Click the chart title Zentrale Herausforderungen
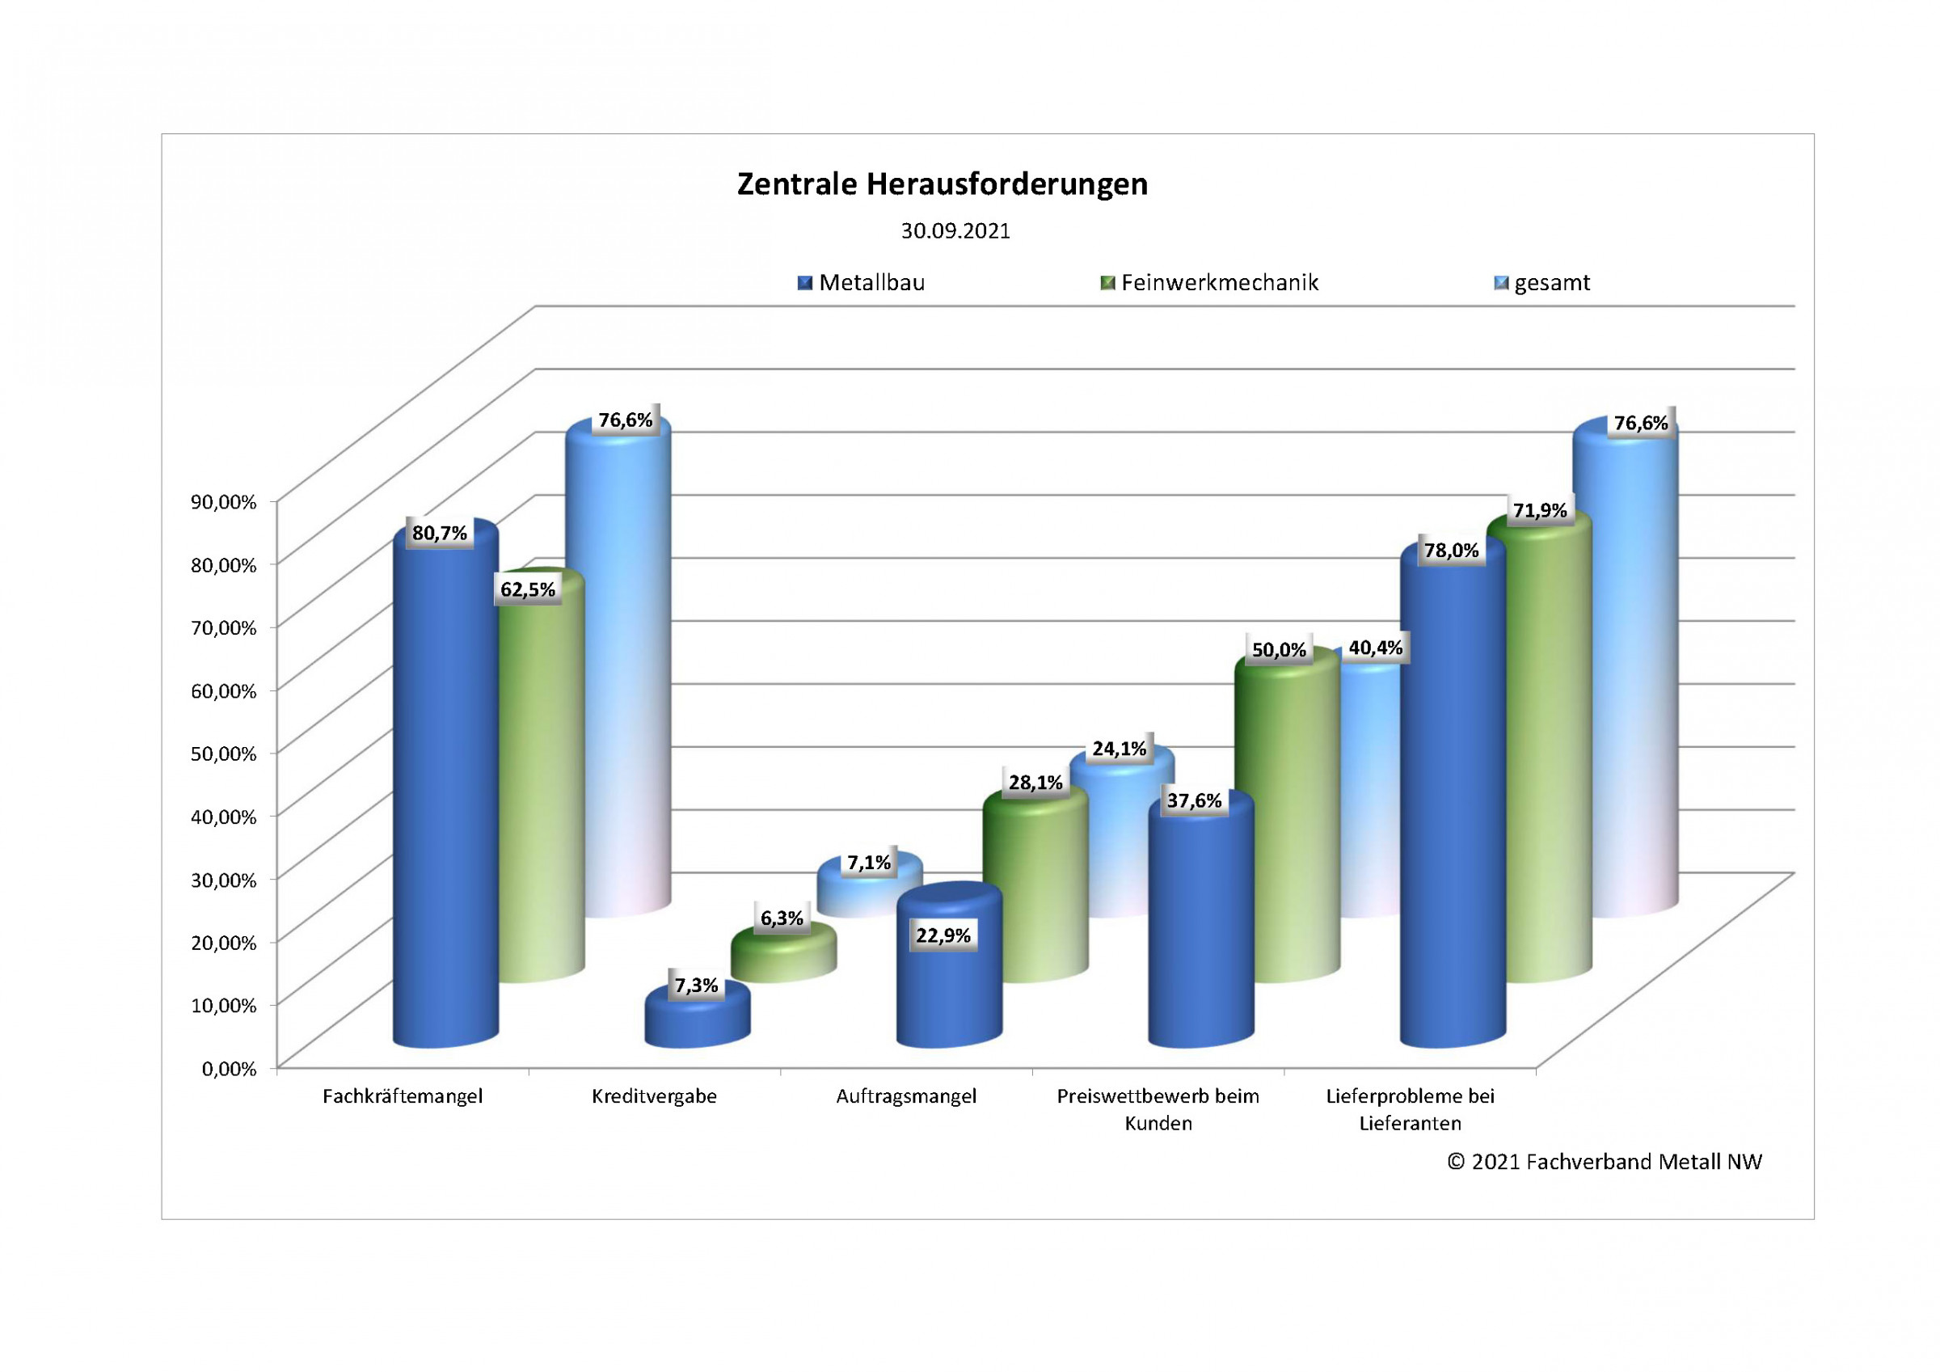[x=943, y=184]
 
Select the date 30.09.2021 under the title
[x=955, y=230]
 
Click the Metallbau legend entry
[x=862, y=282]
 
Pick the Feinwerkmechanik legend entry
[x=1210, y=282]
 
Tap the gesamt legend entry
[x=1543, y=282]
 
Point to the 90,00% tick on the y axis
[x=223, y=501]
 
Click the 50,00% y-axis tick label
[x=223, y=754]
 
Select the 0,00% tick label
[x=228, y=1069]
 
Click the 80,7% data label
[x=440, y=533]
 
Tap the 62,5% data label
[x=527, y=589]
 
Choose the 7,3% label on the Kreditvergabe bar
[x=695, y=985]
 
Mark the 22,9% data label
[x=943, y=935]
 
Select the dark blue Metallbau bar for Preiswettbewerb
[x=1200, y=930]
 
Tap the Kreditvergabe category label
[x=654, y=1096]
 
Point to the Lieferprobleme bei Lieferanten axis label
[x=1410, y=1109]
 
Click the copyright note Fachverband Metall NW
[x=1604, y=1162]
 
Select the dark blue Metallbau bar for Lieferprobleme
[x=1452, y=803]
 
